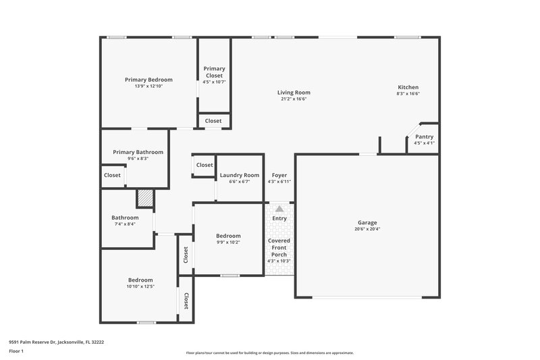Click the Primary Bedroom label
coord(148,80)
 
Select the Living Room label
coord(294,93)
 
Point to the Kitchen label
coord(408,87)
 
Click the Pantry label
coord(424,136)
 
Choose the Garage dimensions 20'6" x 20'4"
coord(367,229)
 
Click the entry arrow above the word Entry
coord(279,209)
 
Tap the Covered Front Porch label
coord(279,247)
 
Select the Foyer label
coord(279,175)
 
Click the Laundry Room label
coord(240,175)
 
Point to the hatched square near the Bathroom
coord(145,198)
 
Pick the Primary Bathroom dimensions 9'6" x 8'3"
coord(138,159)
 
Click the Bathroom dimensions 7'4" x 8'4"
coord(125,224)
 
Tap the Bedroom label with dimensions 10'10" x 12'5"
coord(140,280)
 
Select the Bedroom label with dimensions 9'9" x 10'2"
coord(228,236)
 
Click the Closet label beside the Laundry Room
coord(205,165)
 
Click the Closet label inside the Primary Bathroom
coord(112,175)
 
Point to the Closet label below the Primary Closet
coord(213,121)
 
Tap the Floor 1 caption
coord(16,352)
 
